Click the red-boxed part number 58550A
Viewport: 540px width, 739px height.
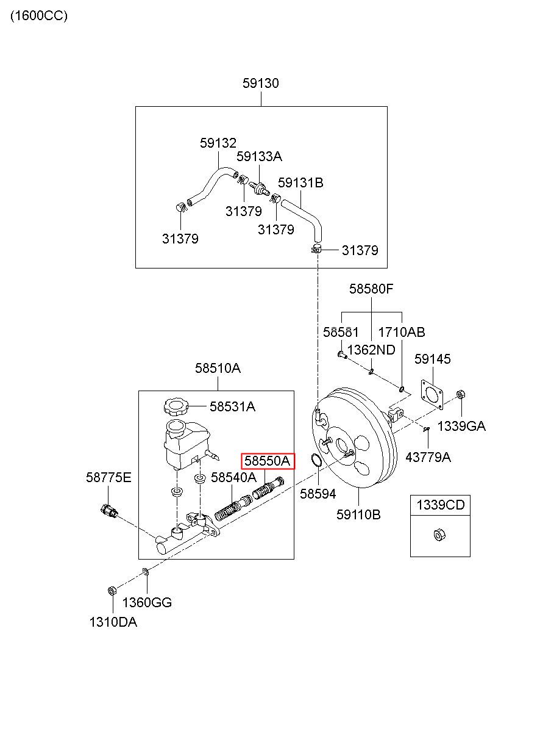267,461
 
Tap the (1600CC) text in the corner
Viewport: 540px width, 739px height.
39,16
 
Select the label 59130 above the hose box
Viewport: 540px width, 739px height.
261,83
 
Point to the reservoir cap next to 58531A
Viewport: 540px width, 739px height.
176,406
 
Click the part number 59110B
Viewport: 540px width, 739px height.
358,514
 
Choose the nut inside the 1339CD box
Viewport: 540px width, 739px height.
439,535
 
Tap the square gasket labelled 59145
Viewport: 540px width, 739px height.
432,394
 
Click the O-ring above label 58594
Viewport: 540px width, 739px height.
316,460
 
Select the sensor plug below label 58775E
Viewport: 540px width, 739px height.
108,512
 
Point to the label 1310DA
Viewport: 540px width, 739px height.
113,622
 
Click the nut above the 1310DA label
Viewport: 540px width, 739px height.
112,591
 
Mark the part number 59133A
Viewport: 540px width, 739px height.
259,156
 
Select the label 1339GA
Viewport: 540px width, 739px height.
461,426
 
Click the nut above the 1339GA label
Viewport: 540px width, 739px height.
461,395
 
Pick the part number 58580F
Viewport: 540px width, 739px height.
371,289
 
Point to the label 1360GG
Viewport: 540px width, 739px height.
147,602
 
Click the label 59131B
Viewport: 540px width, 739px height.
300,183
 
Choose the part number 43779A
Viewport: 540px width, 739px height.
428,457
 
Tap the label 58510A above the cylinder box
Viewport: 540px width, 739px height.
218,368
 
